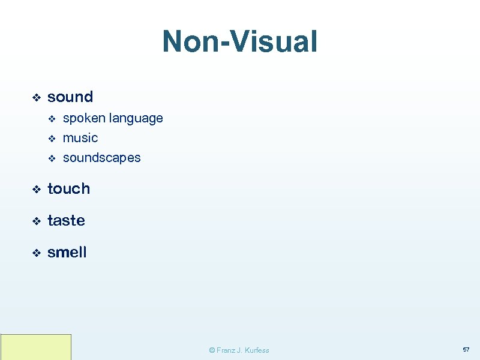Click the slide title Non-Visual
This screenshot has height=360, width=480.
(239, 42)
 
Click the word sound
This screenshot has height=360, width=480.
(70, 97)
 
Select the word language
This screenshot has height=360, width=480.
(136, 118)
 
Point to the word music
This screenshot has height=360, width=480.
(80, 138)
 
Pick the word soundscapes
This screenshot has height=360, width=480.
(101, 158)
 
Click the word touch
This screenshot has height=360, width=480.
(68, 188)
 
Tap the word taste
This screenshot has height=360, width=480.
(66, 220)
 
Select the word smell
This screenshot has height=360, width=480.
(67, 253)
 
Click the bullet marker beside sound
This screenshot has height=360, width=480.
(35, 97)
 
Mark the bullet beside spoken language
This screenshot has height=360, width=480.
(51, 119)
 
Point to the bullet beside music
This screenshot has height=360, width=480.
(51, 139)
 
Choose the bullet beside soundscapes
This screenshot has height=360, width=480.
(51, 158)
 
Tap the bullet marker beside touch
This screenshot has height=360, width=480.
(35, 189)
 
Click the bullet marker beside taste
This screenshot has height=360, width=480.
(35, 221)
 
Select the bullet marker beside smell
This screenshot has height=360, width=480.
(35, 253)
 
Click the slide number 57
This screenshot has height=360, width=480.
(466, 349)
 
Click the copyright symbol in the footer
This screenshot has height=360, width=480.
(212, 350)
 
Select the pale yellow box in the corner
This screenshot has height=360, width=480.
(36, 347)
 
